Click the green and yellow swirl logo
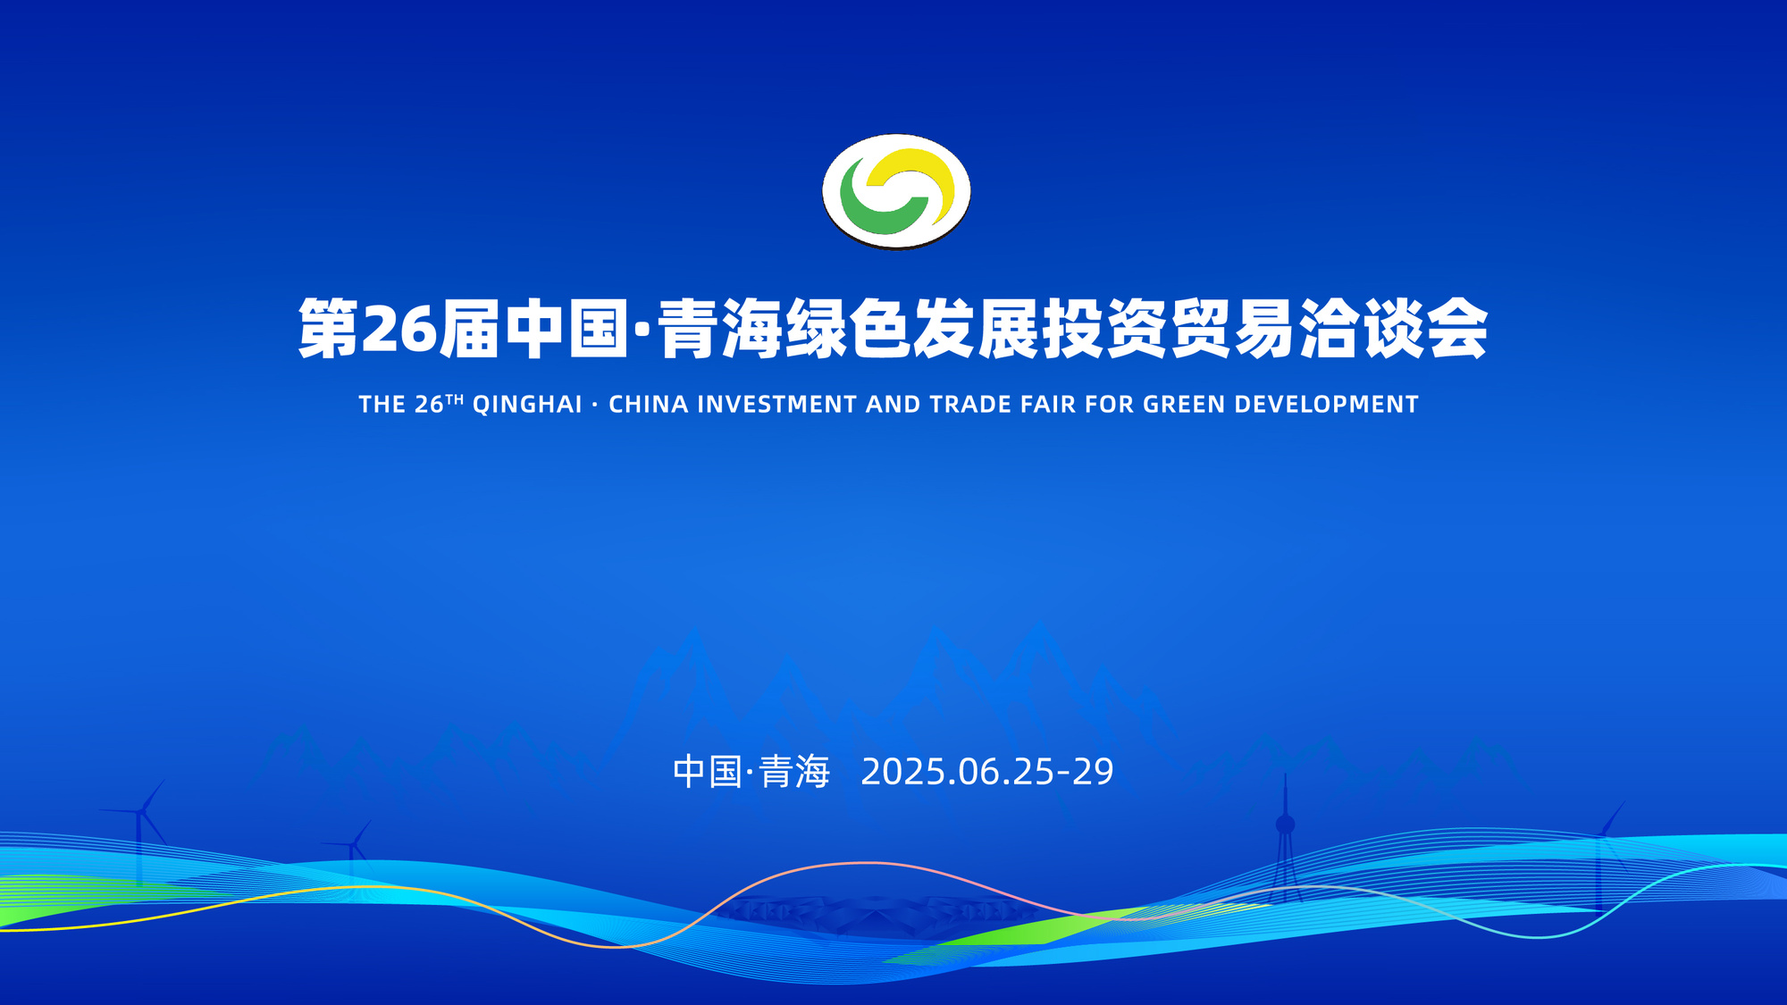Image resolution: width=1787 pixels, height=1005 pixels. (x=896, y=191)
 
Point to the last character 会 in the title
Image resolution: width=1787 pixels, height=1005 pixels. (x=1457, y=329)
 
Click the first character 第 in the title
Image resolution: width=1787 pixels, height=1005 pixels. (x=329, y=329)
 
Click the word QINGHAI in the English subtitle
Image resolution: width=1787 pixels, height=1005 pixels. (x=527, y=405)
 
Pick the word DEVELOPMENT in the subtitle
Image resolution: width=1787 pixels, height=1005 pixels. (x=1327, y=405)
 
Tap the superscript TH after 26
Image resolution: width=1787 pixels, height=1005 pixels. (x=455, y=399)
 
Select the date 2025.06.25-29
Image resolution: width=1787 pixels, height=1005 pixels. (x=987, y=772)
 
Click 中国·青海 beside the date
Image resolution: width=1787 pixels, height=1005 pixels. (x=751, y=772)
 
